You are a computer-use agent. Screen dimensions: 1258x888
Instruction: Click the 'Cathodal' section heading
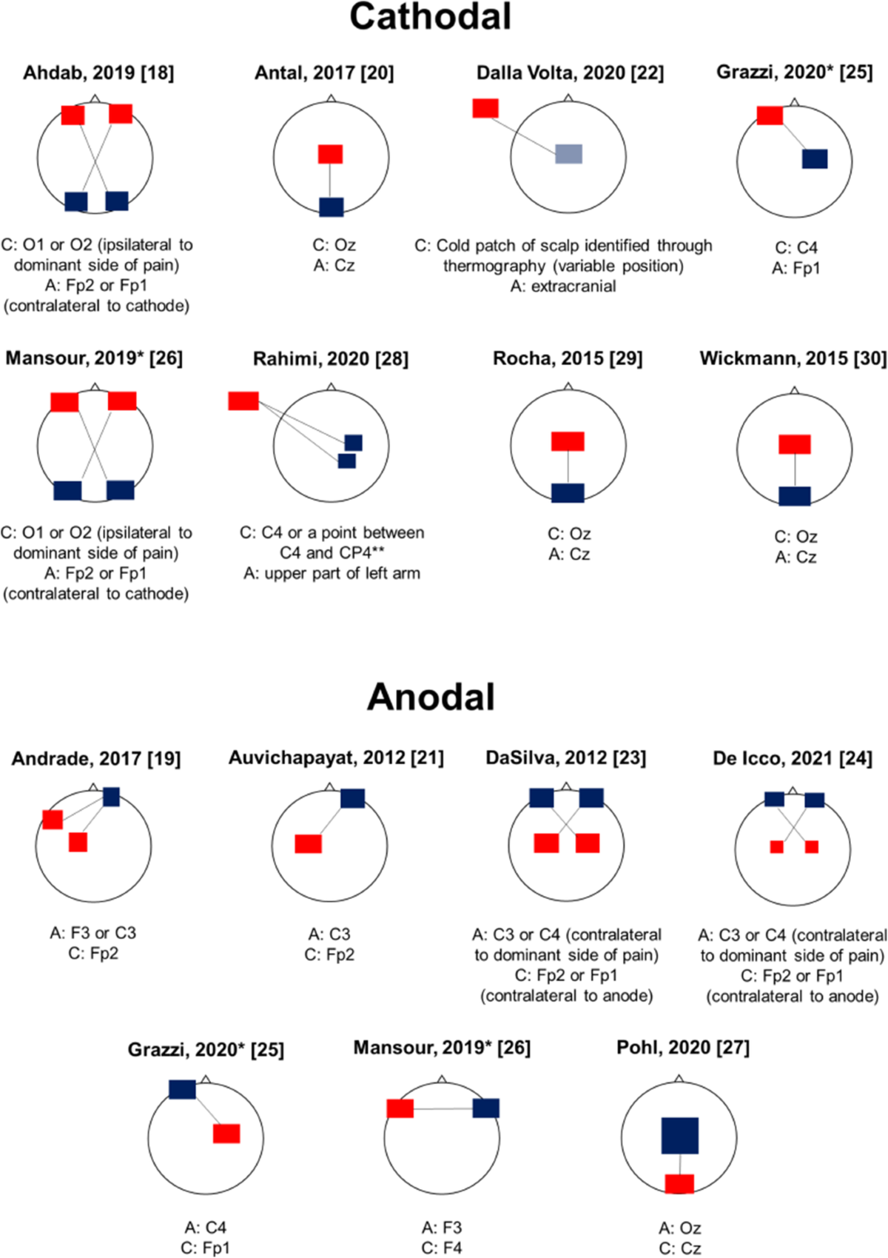(x=430, y=16)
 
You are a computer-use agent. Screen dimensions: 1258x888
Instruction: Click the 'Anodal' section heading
(x=431, y=697)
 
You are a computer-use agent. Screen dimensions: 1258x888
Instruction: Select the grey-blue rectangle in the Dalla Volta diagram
(x=568, y=154)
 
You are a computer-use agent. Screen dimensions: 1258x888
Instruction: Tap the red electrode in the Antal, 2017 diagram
(x=330, y=154)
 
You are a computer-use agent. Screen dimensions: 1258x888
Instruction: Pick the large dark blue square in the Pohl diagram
(x=679, y=1135)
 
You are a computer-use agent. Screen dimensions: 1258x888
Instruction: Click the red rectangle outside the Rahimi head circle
(x=243, y=401)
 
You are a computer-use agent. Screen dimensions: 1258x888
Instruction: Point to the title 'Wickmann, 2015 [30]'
(x=793, y=358)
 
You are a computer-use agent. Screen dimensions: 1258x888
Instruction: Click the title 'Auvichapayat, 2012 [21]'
(x=336, y=758)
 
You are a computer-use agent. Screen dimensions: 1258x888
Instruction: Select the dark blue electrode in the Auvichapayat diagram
(x=352, y=798)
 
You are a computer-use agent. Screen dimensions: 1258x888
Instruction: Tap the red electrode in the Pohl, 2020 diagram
(x=679, y=1183)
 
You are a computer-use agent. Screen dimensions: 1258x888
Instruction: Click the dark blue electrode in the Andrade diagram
(x=111, y=797)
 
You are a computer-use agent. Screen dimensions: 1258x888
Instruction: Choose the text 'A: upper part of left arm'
(x=332, y=573)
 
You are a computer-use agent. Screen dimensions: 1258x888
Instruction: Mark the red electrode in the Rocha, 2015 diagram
(x=568, y=441)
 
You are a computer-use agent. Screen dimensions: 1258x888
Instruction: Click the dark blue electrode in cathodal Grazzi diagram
(x=815, y=158)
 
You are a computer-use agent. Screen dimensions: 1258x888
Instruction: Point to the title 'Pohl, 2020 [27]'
(x=682, y=1048)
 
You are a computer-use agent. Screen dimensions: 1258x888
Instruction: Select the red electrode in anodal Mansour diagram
(x=400, y=1108)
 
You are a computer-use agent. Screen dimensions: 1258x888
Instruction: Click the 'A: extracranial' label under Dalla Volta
(x=563, y=286)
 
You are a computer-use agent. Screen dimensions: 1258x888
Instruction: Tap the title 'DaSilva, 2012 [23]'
(x=565, y=758)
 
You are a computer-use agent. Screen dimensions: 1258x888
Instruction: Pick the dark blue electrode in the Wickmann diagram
(x=795, y=495)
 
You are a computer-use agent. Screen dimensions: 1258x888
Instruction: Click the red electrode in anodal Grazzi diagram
(x=226, y=1134)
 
